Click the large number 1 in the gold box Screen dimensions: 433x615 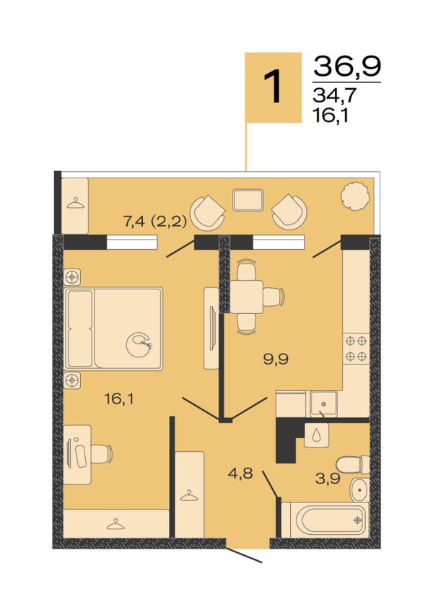273,87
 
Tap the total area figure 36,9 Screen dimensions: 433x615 347,66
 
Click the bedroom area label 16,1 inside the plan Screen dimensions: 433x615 119,399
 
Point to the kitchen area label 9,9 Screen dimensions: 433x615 276,359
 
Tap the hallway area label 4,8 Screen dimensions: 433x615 240,474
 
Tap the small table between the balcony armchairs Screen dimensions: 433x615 248,201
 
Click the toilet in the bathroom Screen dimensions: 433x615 353,464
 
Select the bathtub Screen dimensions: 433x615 325,520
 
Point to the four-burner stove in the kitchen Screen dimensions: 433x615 356,349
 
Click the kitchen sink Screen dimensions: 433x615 323,404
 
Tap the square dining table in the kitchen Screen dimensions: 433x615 246,297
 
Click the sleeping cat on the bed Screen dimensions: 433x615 139,345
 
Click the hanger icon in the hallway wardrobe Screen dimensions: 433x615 189,495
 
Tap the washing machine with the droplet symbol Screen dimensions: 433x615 317,435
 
